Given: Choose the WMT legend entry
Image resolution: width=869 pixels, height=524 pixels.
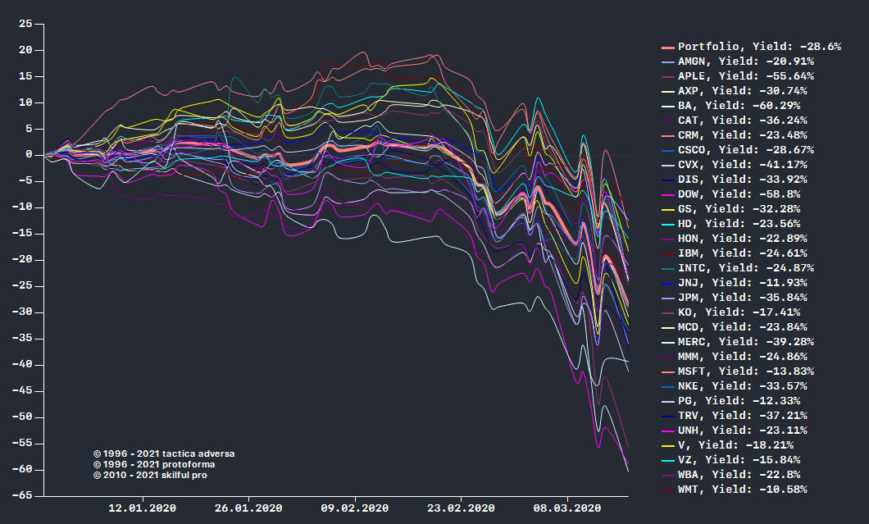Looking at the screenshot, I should [x=741, y=490].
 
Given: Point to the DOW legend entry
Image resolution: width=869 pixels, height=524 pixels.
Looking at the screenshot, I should [x=738, y=194].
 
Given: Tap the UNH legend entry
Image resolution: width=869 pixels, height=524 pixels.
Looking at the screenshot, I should [x=741, y=431].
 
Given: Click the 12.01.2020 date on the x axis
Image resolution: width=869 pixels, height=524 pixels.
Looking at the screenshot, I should [x=143, y=508].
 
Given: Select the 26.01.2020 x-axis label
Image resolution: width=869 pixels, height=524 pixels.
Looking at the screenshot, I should [x=248, y=508].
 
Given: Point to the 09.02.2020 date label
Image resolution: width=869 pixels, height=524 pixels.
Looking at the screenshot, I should [x=355, y=508].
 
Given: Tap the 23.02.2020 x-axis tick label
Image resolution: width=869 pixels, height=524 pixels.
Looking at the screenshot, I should [x=462, y=508].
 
